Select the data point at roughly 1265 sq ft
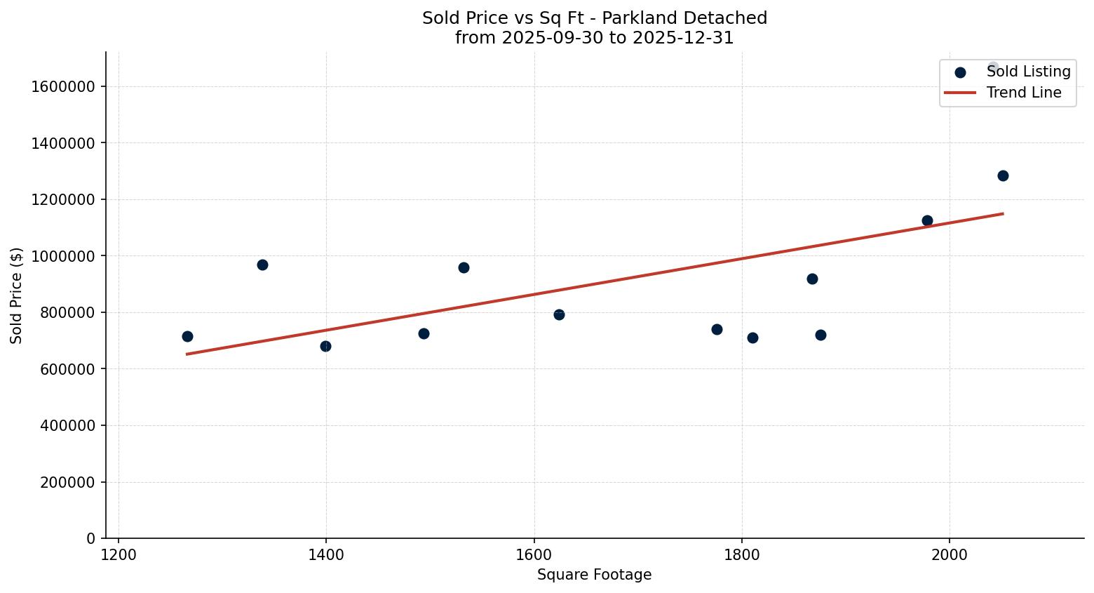(x=187, y=336)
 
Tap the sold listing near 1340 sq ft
(x=262, y=265)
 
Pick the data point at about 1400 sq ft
(x=325, y=346)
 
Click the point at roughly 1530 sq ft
(x=464, y=267)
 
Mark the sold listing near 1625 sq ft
(x=559, y=314)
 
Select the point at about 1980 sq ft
(x=927, y=220)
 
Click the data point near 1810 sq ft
(x=752, y=338)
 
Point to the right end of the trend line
(x=1003, y=213)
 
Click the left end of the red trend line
(x=187, y=354)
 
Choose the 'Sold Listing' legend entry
(x=1028, y=72)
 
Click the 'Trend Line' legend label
(x=1024, y=93)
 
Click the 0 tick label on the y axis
(x=90, y=539)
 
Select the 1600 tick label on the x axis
(x=534, y=554)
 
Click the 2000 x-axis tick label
(x=949, y=554)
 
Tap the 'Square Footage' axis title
(x=594, y=575)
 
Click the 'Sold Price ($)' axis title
(x=17, y=295)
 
